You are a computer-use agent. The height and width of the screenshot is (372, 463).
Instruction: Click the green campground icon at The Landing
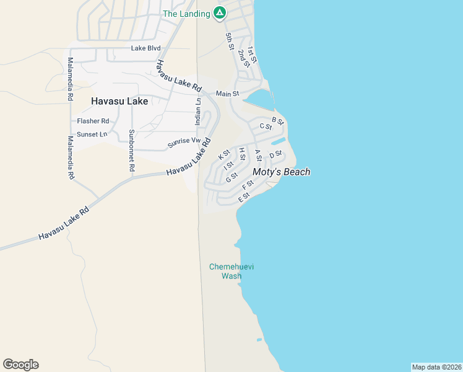(x=219, y=12)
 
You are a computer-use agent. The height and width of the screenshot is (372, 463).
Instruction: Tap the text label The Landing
(x=186, y=14)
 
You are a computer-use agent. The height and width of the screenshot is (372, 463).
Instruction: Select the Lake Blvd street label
(x=145, y=48)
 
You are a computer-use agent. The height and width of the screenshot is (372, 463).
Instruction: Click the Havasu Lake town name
(x=119, y=101)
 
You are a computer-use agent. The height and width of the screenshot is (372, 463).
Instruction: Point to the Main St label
(x=227, y=94)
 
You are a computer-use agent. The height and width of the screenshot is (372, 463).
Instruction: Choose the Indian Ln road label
(x=198, y=112)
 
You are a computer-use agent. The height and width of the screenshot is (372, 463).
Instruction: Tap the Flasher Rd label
(x=93, y=121)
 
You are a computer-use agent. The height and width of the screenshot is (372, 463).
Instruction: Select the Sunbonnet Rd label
(x=131, y=150)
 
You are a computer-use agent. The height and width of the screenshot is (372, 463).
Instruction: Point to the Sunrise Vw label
(x=184, y=143)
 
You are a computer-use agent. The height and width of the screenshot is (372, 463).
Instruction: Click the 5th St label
(x=230, y=42)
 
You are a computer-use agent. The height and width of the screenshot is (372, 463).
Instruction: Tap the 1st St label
(x=251, y=55)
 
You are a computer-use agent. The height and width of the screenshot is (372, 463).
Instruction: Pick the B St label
(x=277, y=120)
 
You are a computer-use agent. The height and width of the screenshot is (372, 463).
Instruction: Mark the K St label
(x=224, y=155)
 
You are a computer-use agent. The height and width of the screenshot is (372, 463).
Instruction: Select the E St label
(x=243, y=197)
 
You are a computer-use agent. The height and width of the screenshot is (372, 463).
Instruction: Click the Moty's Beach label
(x=281, y=172)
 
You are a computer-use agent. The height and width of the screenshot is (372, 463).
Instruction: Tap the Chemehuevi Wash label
(x=231, y=272)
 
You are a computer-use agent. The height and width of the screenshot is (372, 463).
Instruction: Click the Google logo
(x=20, y=365)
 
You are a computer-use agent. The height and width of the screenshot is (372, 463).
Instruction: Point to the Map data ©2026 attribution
(x=436, y=367)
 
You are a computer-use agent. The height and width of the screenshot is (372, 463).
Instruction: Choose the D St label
(x=275, y=154)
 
